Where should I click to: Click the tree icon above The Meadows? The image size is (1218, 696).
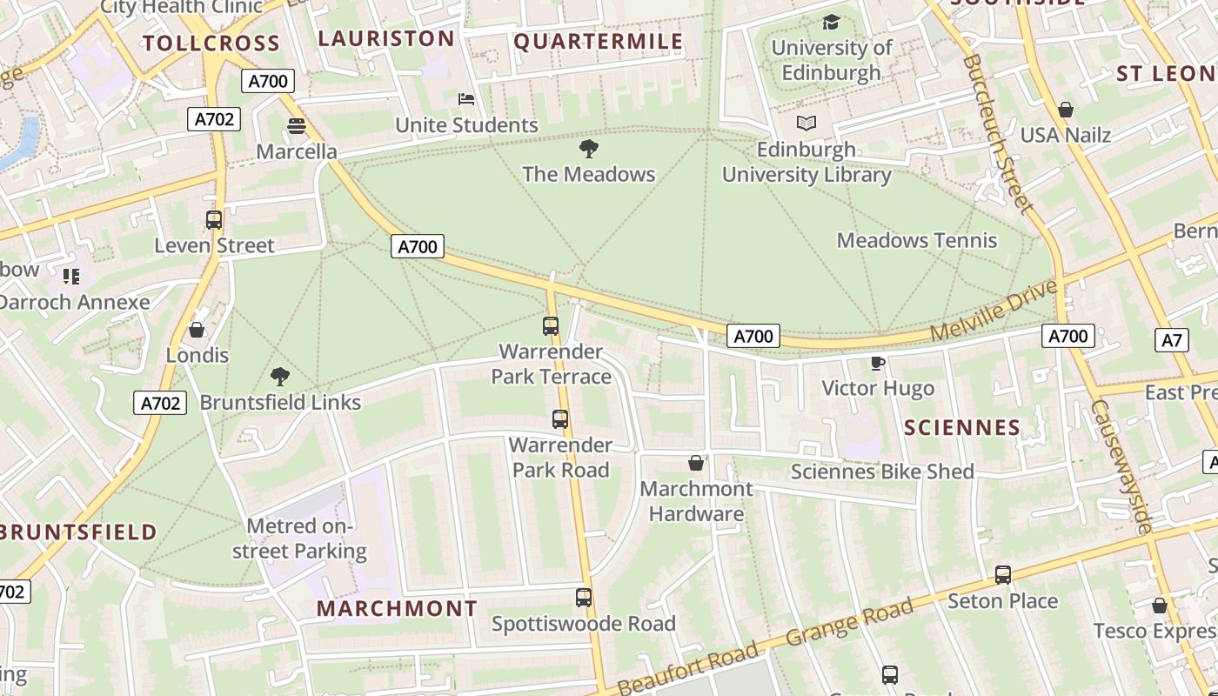(589, 148)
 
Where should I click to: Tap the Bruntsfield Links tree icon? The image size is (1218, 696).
(279, 377)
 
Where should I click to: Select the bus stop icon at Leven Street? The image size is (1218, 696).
(214, 220)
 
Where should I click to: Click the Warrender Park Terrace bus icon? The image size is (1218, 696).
(551, 326)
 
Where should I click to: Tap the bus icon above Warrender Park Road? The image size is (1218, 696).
(560, 419)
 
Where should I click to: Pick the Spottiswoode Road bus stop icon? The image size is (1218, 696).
(584, 598)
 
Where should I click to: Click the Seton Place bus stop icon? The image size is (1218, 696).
(1003, 574)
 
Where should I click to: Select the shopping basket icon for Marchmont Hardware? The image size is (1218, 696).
(696, 463)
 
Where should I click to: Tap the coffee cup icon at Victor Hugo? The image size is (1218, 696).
(877, 363)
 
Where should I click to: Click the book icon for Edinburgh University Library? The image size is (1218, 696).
(806, 124)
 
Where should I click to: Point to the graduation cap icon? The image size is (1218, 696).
(831, 22)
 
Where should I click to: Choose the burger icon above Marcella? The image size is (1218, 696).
(297, 126)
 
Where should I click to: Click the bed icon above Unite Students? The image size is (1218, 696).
(466, 99)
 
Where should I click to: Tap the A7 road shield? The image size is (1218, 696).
(1172, 339)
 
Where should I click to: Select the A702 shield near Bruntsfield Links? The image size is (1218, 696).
(160, 403)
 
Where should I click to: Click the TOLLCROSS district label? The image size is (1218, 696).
(211, 43)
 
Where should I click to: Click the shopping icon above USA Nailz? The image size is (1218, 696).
(1065, 110)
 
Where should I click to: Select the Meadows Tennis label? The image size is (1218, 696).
(917, 240)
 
